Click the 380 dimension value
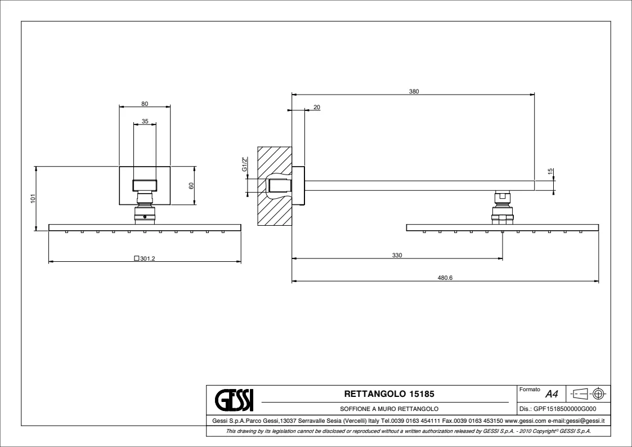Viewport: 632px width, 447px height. click(x=414, y=92)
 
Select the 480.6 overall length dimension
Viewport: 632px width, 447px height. click(x=445, y=278)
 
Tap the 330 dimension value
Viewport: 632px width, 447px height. click(x=397, y=255)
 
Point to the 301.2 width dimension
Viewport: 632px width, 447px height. click(x=147, y=258)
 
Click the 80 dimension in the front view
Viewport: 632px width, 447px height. click(x=145, y=104)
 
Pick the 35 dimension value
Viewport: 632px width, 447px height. click(x=145, y=122)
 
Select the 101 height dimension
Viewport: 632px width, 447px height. click(x=33, y=198)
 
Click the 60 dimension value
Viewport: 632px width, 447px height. click(x=191, y=185)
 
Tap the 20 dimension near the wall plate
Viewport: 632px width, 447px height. click(x=317, y=107)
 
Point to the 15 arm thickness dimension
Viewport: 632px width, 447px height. click(x=550, y=172)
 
